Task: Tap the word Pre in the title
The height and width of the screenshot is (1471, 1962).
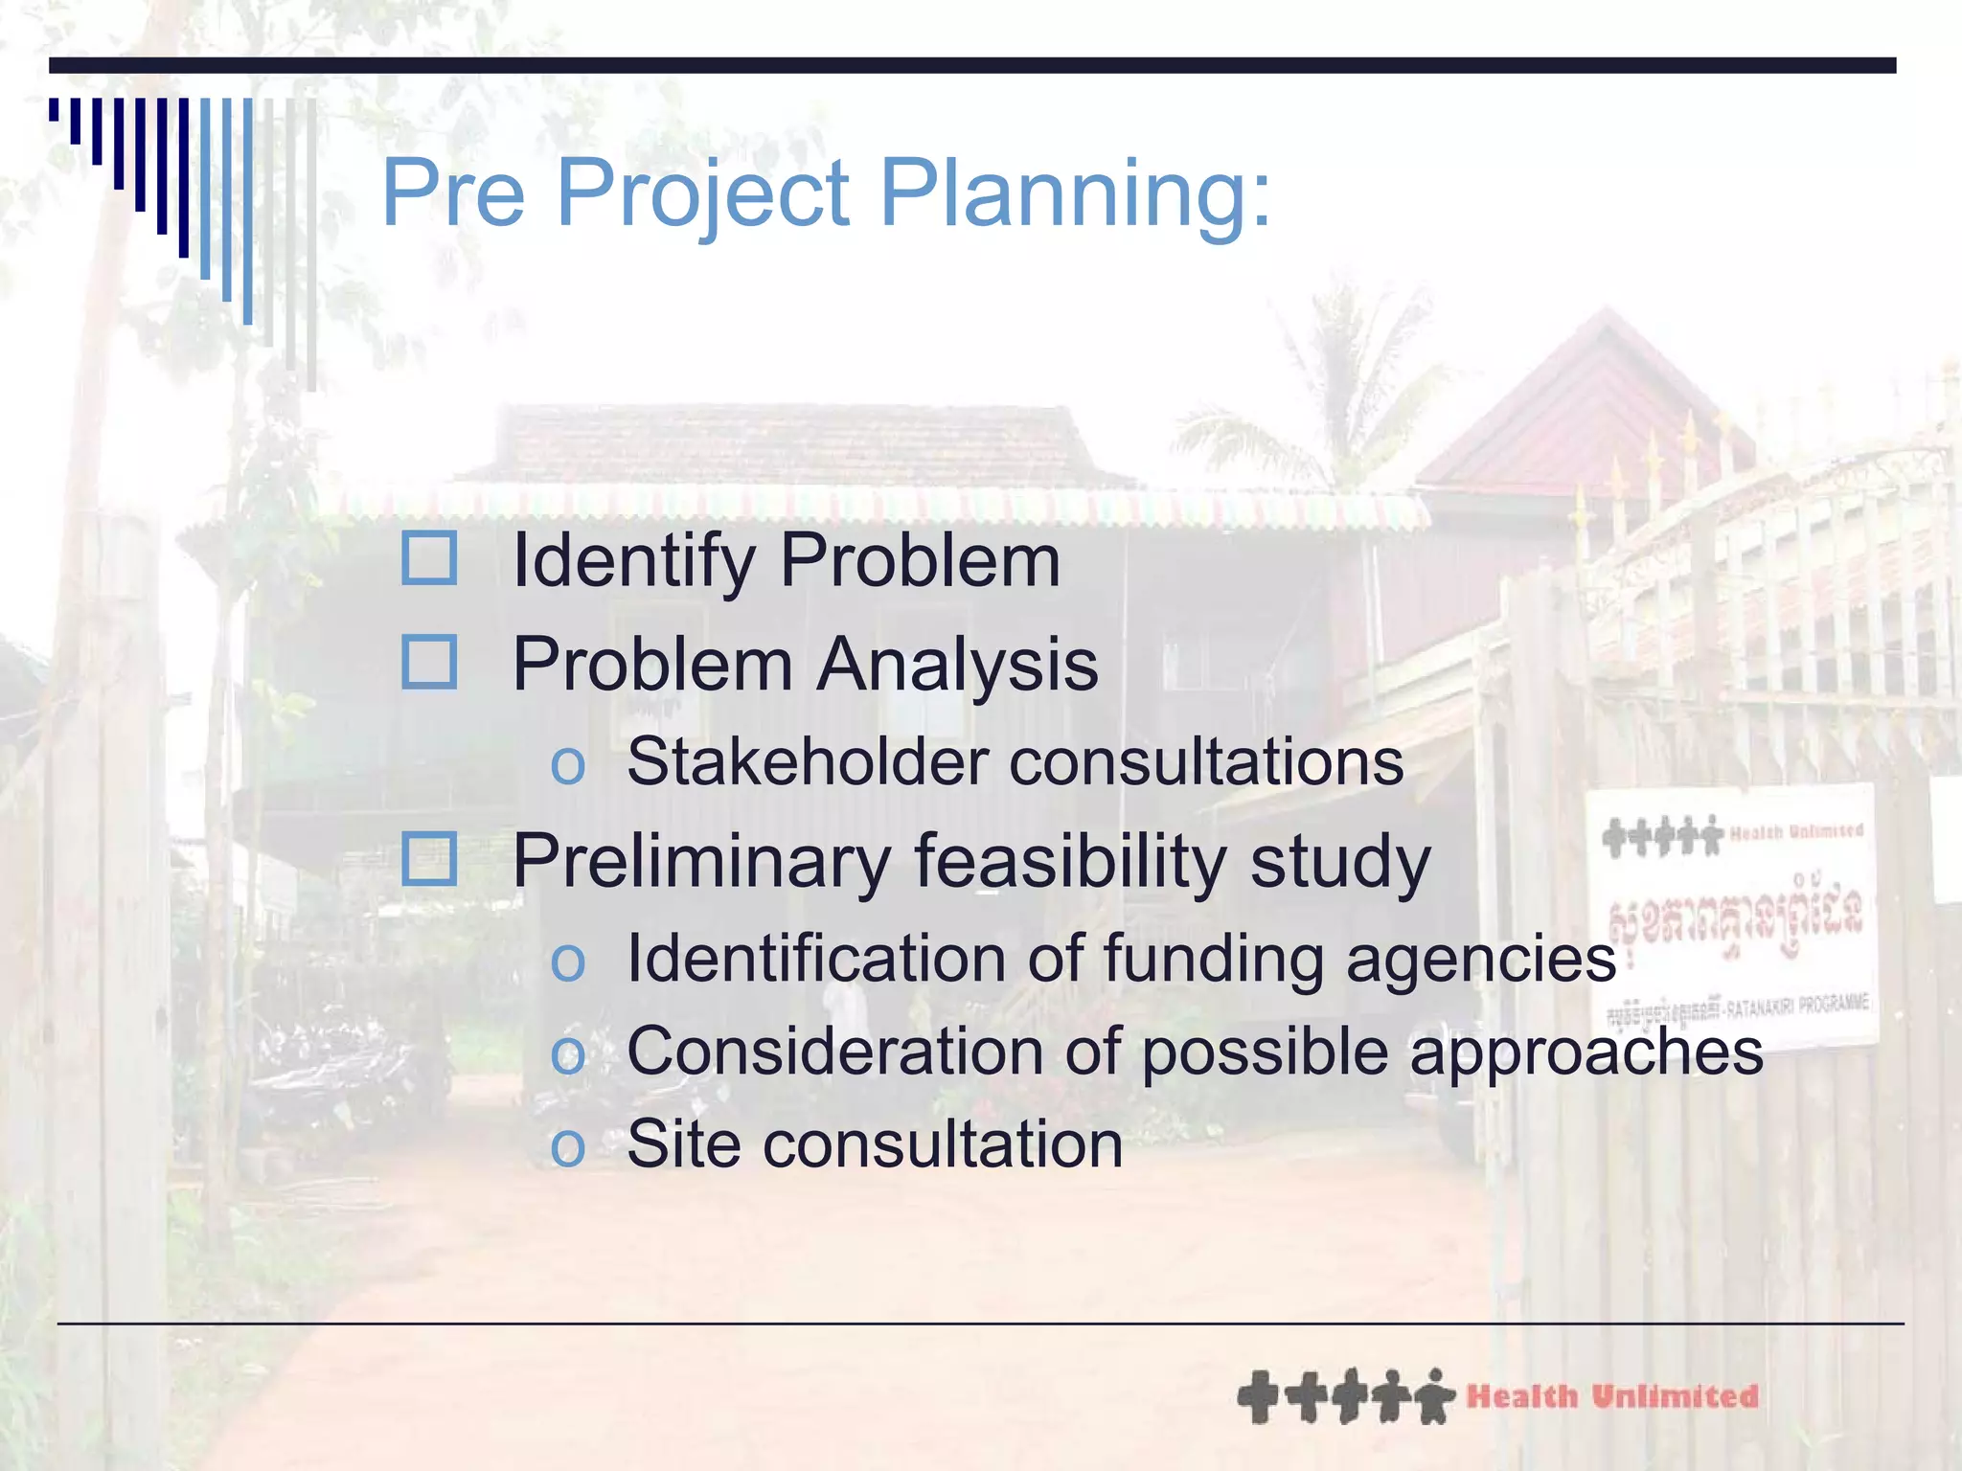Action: tap(453, 193)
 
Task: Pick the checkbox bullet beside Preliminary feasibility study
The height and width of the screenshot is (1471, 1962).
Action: tap(428, 858)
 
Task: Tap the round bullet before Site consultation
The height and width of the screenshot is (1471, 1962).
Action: tap(567, 1147)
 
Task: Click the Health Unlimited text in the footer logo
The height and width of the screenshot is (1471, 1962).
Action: tap(1612, 1396)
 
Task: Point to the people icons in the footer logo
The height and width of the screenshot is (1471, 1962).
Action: tap(1346, 1396)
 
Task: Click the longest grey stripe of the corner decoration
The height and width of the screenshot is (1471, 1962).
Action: tap(311, 244)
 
